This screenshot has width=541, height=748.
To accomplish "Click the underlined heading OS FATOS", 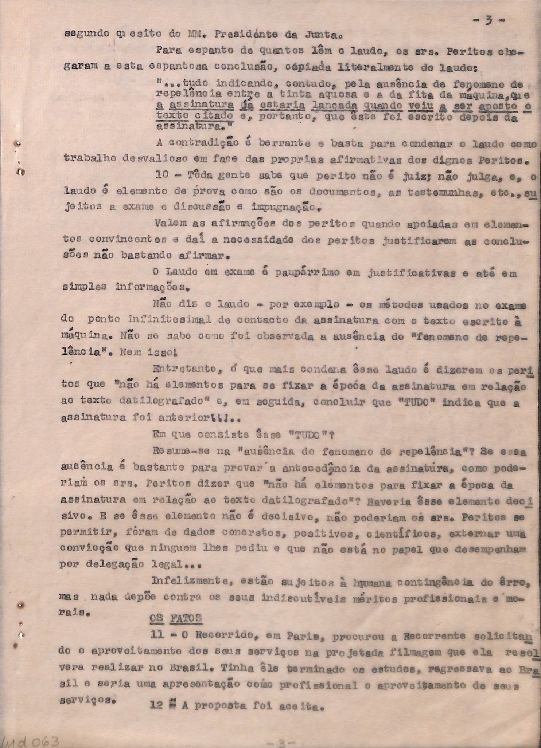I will (x=176, y=618).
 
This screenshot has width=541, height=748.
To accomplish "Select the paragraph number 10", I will (x=161, y=175).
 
